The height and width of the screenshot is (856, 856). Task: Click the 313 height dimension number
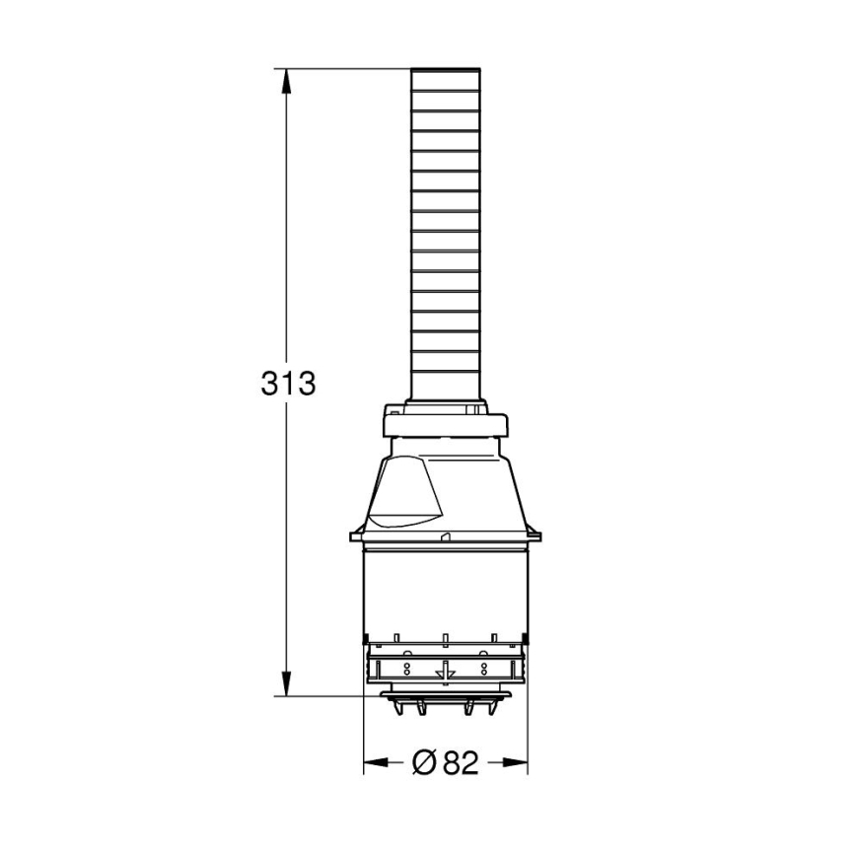(288, 383)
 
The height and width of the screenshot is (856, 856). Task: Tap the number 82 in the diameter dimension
(460, 762)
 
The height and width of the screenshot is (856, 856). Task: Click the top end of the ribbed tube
(445, 72)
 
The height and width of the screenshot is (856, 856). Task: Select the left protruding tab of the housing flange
(354, 535)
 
